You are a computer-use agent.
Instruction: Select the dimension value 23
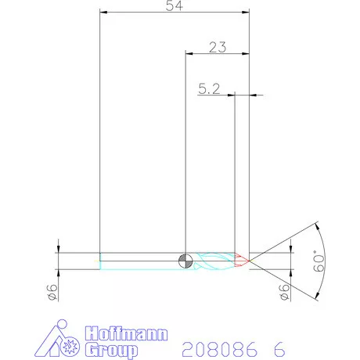(x=218, y=47)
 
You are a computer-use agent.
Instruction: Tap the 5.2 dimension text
(x=209, y=89)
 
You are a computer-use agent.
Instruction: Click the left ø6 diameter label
(x=52, y=291)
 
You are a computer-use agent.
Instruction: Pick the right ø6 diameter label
(x=285, y=291)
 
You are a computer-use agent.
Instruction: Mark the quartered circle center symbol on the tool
(x=184, y=261)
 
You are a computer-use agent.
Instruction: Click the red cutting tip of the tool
(x=242, y=260)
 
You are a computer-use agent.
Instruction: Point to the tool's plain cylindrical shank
(x=141, y=261)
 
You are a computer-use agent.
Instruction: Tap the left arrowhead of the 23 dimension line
(x=188, y=54)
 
